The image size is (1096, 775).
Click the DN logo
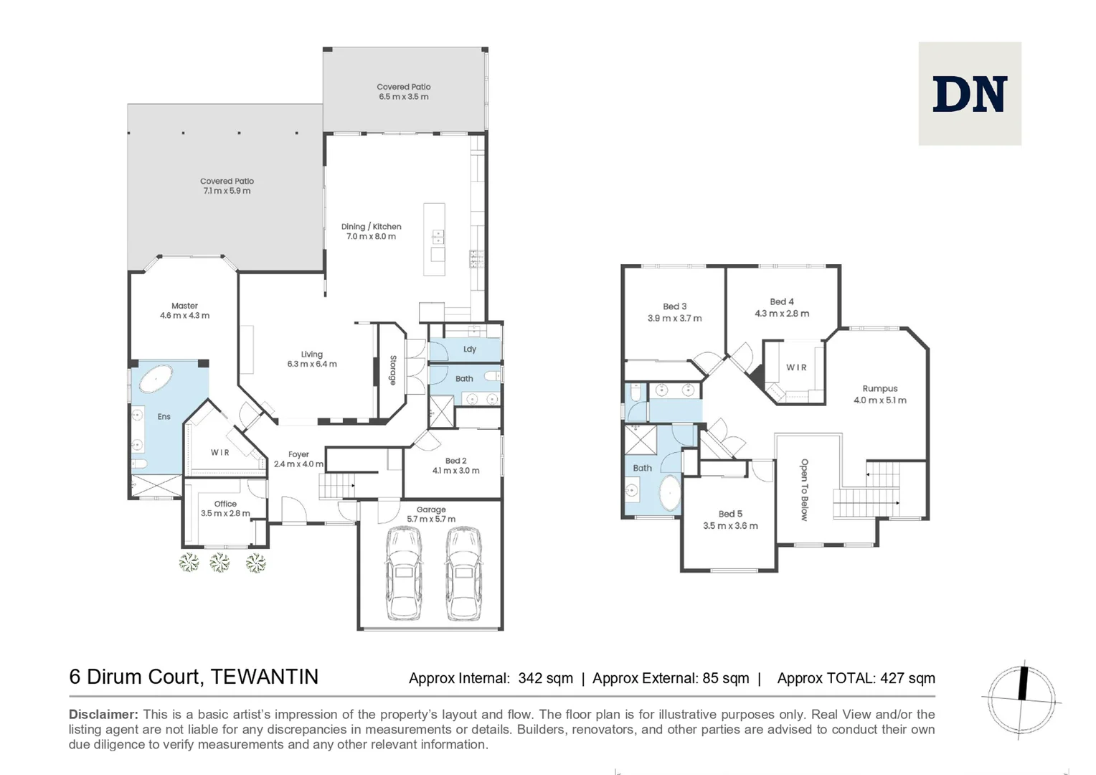pos(970,94)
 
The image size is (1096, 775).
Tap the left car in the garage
pos(403,573)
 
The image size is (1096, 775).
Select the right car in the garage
pos(463,573)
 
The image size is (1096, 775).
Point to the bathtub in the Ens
pos(156,379)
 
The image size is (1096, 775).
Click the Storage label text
pos(393,370)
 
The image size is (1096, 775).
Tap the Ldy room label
pos(470,349)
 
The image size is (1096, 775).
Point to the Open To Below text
pos(804,489)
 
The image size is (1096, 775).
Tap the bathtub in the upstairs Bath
pos(670,492)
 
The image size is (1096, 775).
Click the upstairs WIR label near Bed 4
pos(796,367)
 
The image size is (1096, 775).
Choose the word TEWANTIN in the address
pos(265,677)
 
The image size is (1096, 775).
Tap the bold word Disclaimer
pos(103,714)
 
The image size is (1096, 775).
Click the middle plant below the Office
pos(219,562)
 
